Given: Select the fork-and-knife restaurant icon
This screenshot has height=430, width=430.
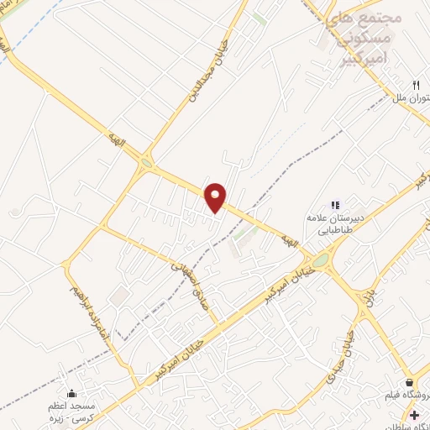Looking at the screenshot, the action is (x=416, y=85).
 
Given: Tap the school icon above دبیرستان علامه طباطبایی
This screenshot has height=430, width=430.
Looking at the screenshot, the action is (x=335, y=204).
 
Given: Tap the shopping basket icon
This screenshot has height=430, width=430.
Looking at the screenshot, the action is (x=409, y=383).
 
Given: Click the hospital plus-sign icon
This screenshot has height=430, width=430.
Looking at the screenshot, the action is (x=414, y=414).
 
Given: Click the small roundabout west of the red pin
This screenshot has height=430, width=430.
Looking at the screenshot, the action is (x=148, y=165).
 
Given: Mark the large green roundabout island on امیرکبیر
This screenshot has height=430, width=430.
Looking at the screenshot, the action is (x=321, y=261).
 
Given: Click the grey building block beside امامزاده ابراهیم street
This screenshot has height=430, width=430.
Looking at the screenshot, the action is (x=118, y=296).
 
